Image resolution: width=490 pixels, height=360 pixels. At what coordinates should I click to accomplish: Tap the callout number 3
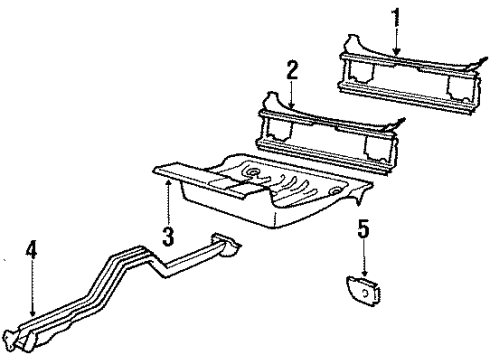point(168,238)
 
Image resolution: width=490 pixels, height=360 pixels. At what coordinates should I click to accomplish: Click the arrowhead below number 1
point(396,52)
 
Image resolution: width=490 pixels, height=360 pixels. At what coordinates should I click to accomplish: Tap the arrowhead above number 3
point(168,182)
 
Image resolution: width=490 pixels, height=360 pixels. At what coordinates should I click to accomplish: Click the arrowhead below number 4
point(33,321)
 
